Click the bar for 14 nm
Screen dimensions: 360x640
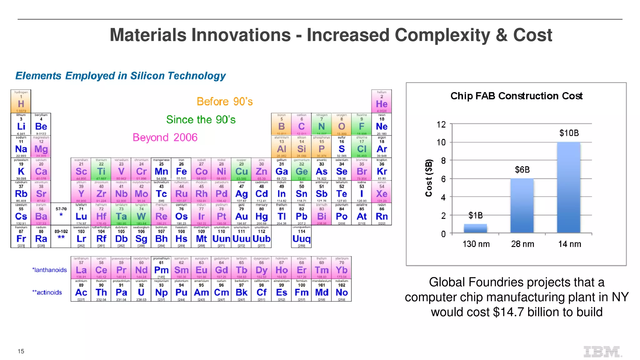coord(569,187)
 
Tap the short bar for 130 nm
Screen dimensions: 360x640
coord(475,228)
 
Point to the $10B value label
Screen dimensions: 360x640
coord(569,133)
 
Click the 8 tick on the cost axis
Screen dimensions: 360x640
coord(443,161)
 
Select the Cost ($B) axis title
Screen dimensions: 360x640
coord(429,178)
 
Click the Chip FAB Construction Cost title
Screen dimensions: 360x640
coord(516,96)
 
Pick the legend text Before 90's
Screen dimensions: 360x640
coord(224,102)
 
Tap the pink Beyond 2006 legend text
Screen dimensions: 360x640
coord(165,137)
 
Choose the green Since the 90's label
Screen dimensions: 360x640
coord(201,120)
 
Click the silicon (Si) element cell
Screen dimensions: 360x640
coord(301,147)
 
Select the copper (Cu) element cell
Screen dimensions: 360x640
coord(241,169)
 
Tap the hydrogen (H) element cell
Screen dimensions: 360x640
coord(21,102)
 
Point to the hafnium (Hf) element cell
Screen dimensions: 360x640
coord(101,214)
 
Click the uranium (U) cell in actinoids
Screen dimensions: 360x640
coord(141,290)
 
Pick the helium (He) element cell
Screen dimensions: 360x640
coord(382,102)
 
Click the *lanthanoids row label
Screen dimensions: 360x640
coord(49,270)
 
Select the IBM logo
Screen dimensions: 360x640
coord(602,352)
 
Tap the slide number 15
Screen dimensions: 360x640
coord(21,351)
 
